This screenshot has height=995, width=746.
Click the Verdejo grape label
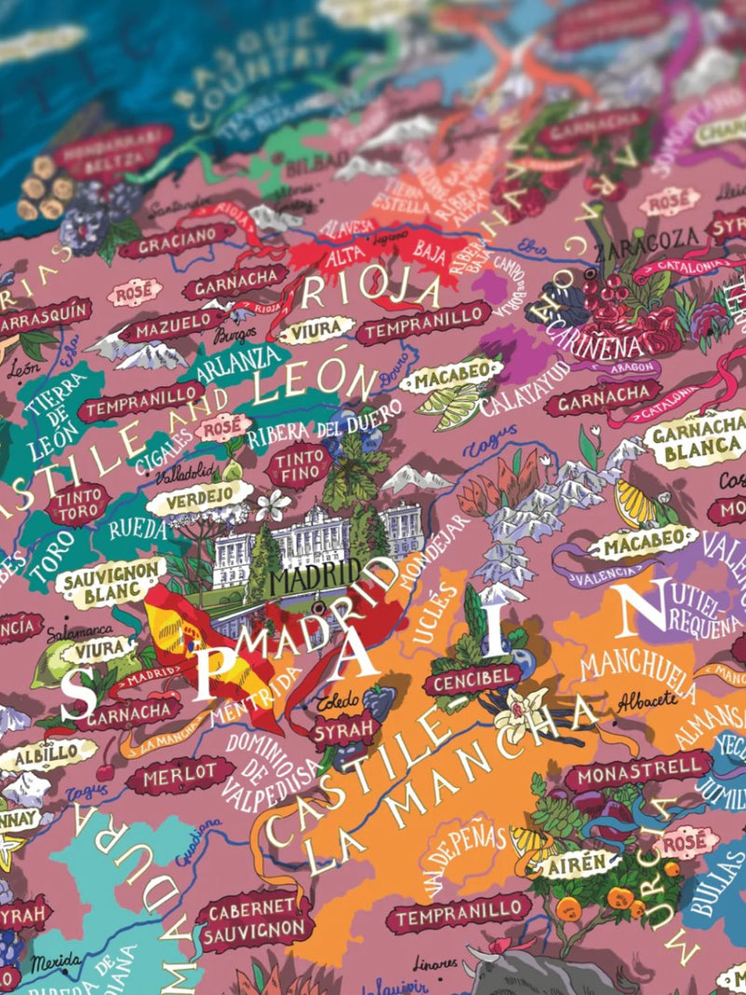click(x=200, y=497)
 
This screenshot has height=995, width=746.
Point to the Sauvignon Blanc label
click(x=111, y=578)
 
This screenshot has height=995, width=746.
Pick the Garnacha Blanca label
click(x=695, y=439)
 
